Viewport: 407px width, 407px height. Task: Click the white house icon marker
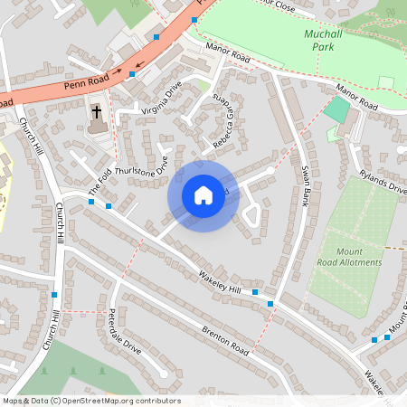pyautogui.click(x=203, y=194)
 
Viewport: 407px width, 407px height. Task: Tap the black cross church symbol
pyautogui.click(x=97, y=113)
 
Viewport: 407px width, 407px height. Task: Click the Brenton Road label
pyautogui.click(x=225, y=340)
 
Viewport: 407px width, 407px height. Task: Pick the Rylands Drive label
pyautogui.click(x=383, y=181)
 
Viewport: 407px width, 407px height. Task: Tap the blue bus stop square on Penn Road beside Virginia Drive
pyautogui.click(x=132, y=75)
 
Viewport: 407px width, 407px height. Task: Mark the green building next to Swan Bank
pyautogui.click(x=336, y=110)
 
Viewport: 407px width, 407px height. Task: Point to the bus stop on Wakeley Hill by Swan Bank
pyautogui.click(x=256, y=292)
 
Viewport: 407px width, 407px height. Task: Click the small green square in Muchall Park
pyautogui.click(x=386, y=82)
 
